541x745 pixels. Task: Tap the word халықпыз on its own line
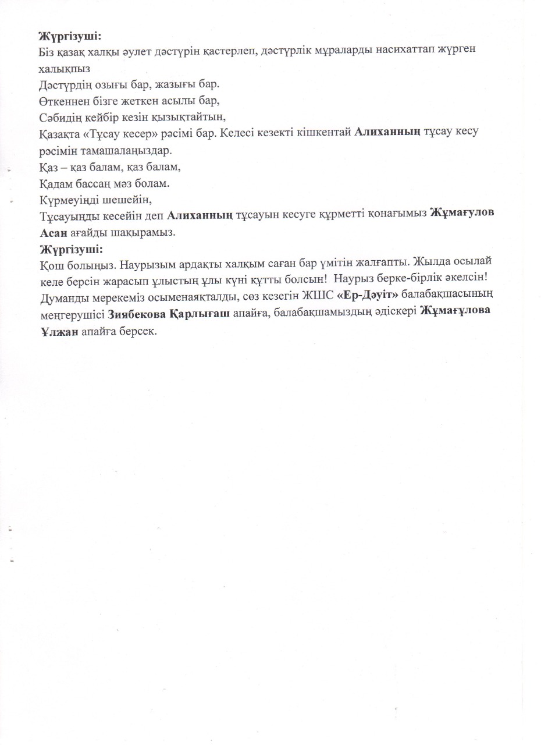pyautogui.click(x=65, y=68)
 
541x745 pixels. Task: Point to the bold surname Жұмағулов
pyautogui.click(x=462, y=214)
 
